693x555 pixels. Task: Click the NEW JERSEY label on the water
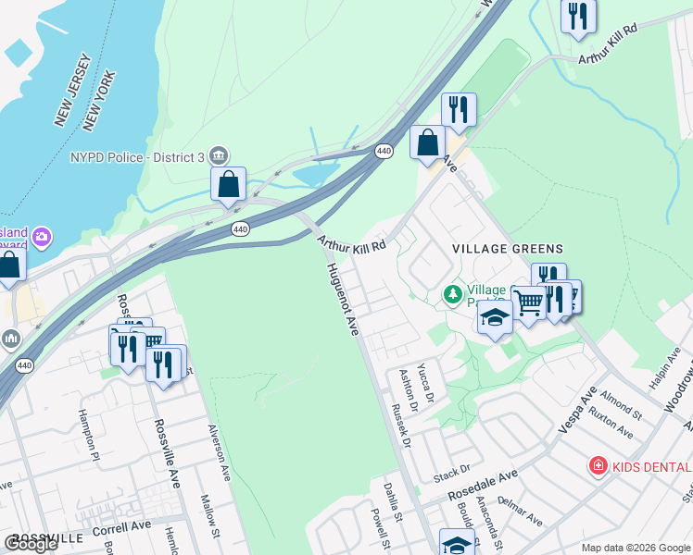pos(72,90)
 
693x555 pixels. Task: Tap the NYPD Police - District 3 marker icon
pos(220,154)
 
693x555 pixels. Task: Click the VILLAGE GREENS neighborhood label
pos(507,249)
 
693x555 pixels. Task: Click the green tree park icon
pos(453,295)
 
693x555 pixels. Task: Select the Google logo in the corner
pos(31,544)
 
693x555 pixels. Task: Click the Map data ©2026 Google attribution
pos(636,548)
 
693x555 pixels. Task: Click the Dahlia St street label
pos(394,498)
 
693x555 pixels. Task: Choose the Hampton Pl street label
pos(88,432)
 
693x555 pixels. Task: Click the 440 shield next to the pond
pos(384,150)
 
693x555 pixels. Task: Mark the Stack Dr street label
pos(453,474)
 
